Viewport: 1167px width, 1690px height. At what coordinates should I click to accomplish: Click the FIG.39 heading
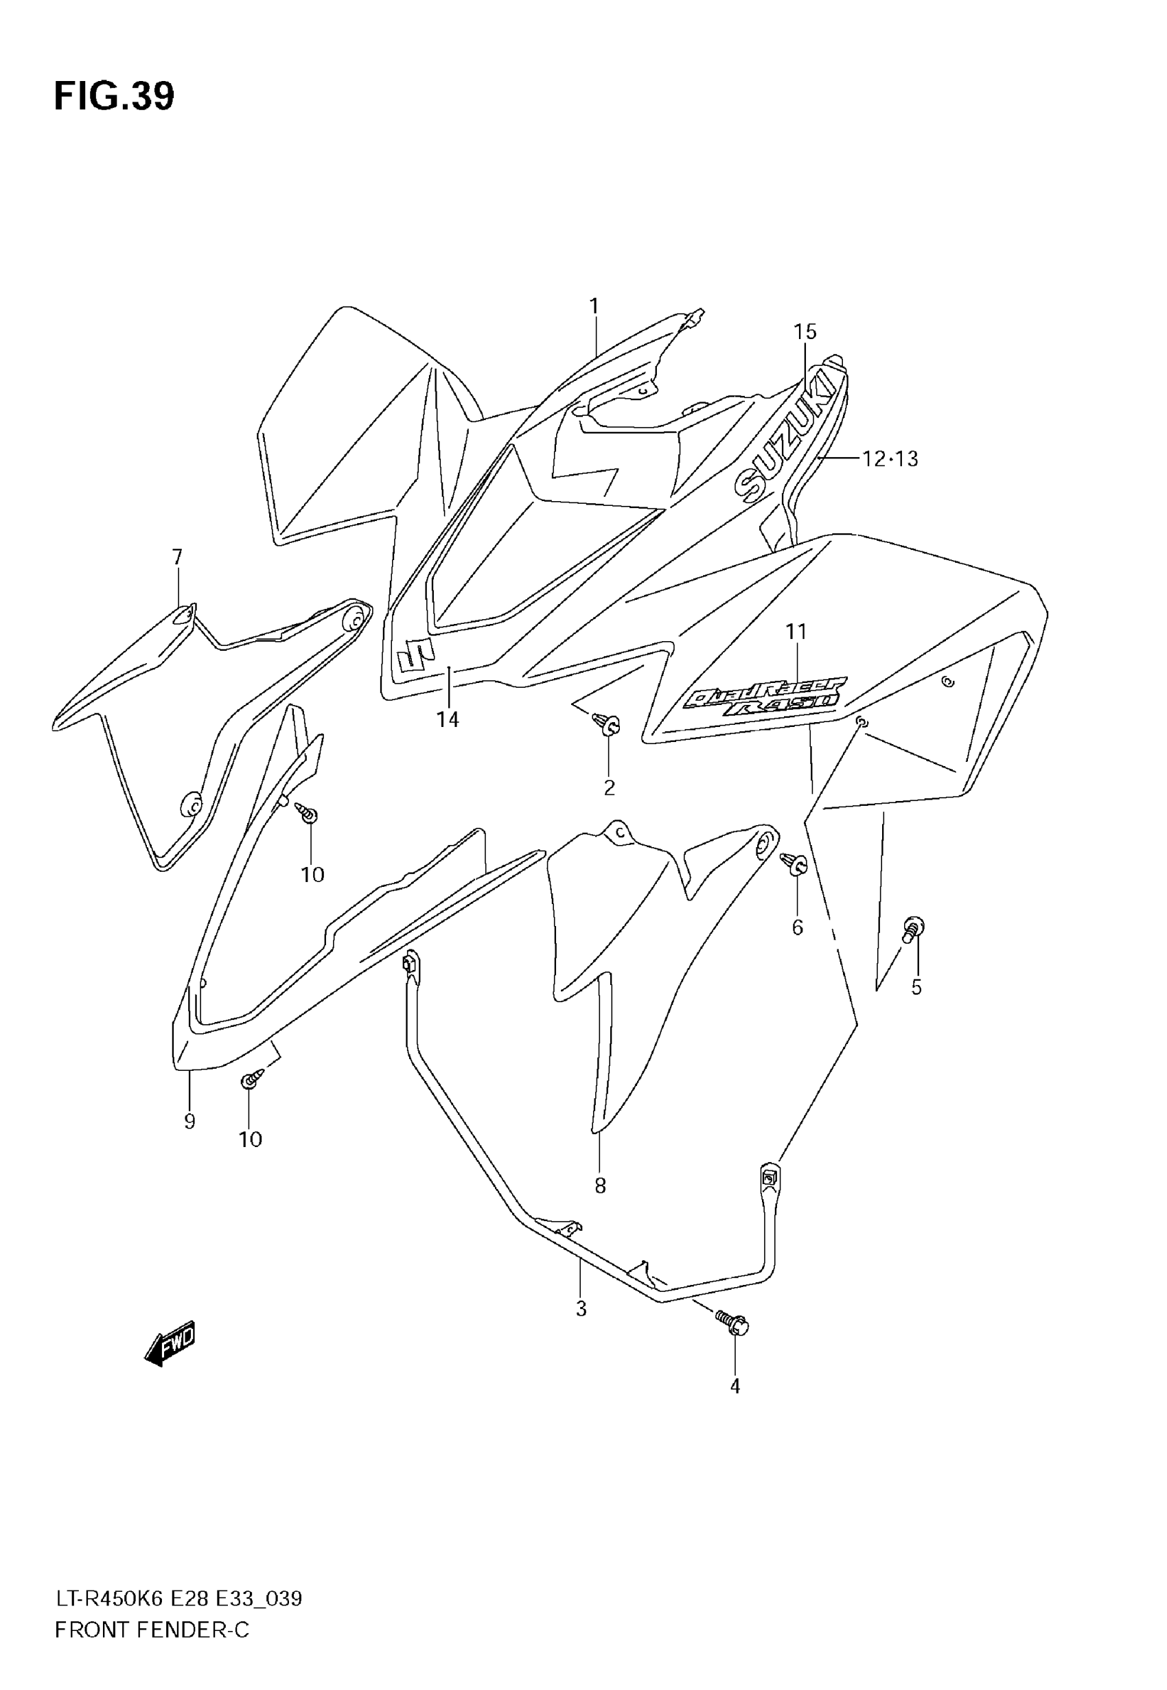[114, 97]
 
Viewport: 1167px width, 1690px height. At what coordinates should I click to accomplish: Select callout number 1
[594, 305]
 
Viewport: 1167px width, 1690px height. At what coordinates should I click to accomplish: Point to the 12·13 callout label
[889, 459]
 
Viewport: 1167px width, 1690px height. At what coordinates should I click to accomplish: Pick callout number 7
[177, 557]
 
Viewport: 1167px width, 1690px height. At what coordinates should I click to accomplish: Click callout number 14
[448, 719]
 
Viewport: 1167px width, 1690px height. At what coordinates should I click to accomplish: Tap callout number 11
[796, 630]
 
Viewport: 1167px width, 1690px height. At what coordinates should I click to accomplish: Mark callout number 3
[581, 1308]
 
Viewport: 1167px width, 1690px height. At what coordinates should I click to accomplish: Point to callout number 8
[600, 1185]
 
